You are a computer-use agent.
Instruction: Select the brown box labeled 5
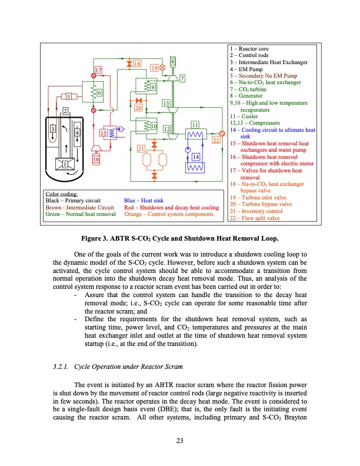pyautogui.click(x=68, y=96)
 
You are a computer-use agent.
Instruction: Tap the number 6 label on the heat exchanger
pyautogui.click(x=100, y=93)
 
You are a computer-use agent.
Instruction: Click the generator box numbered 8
pyautogui.click(x=172, y=61)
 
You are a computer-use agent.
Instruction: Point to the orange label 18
pyautogui.click(x=136, y=63)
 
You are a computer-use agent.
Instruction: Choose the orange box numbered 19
pyautogui.click(x=154, y=68)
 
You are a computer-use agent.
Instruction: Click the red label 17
pyautogui.click(x=99, y=71)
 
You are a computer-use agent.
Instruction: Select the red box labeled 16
pyautogui.click(x=96, y=159)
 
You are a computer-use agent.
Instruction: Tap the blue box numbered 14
pyautogui.click(x=196, y=156)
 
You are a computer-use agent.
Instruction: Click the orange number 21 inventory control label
pyautogui.click(x=142, y=148)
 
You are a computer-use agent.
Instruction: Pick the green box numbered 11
pyautogui.click(x=194, y=125)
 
